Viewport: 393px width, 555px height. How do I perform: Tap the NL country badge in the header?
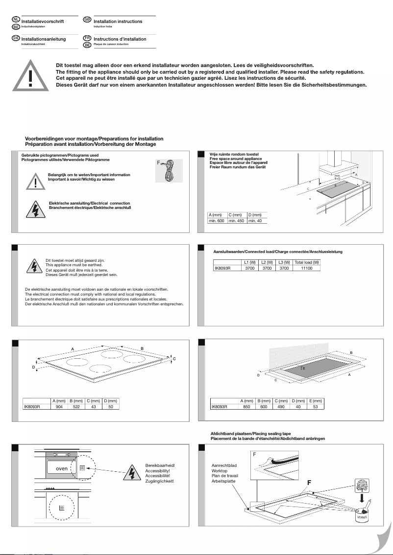(16, 20)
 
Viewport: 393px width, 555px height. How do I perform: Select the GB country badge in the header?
(87, 20)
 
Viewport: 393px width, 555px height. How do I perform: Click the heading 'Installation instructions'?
(118, 22)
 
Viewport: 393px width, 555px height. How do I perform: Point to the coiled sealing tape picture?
(169, 171)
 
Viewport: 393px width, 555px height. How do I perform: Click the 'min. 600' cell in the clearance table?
(216, 221)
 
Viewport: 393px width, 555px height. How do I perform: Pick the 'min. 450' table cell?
(236, 221)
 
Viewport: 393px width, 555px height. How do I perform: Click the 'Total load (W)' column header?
(307, 262)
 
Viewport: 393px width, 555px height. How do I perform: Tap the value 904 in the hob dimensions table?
(59, 407)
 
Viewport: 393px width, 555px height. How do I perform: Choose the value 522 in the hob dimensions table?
(76, 407)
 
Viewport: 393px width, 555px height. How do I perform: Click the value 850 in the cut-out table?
(246, 407)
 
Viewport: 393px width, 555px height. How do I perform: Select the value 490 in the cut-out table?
(281, 407)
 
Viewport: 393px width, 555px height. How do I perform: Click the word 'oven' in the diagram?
(62, 468)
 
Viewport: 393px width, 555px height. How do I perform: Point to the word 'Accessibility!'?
(157, 470)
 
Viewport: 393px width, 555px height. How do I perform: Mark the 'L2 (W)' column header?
(267, 262)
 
